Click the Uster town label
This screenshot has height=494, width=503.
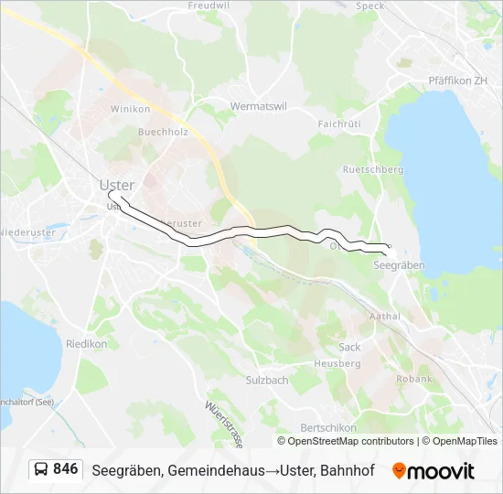116,186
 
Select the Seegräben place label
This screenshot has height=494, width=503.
400,264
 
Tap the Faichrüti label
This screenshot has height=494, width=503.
339,123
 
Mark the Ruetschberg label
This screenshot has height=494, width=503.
372,169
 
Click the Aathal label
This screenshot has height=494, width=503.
384,317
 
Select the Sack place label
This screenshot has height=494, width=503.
349,348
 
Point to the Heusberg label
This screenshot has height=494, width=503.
337,363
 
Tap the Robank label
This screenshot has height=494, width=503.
414,379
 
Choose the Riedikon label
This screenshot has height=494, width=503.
86,344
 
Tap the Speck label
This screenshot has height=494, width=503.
369,5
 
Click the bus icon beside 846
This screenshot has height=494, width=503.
42,469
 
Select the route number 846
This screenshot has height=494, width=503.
65,469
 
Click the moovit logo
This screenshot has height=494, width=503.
433,471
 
